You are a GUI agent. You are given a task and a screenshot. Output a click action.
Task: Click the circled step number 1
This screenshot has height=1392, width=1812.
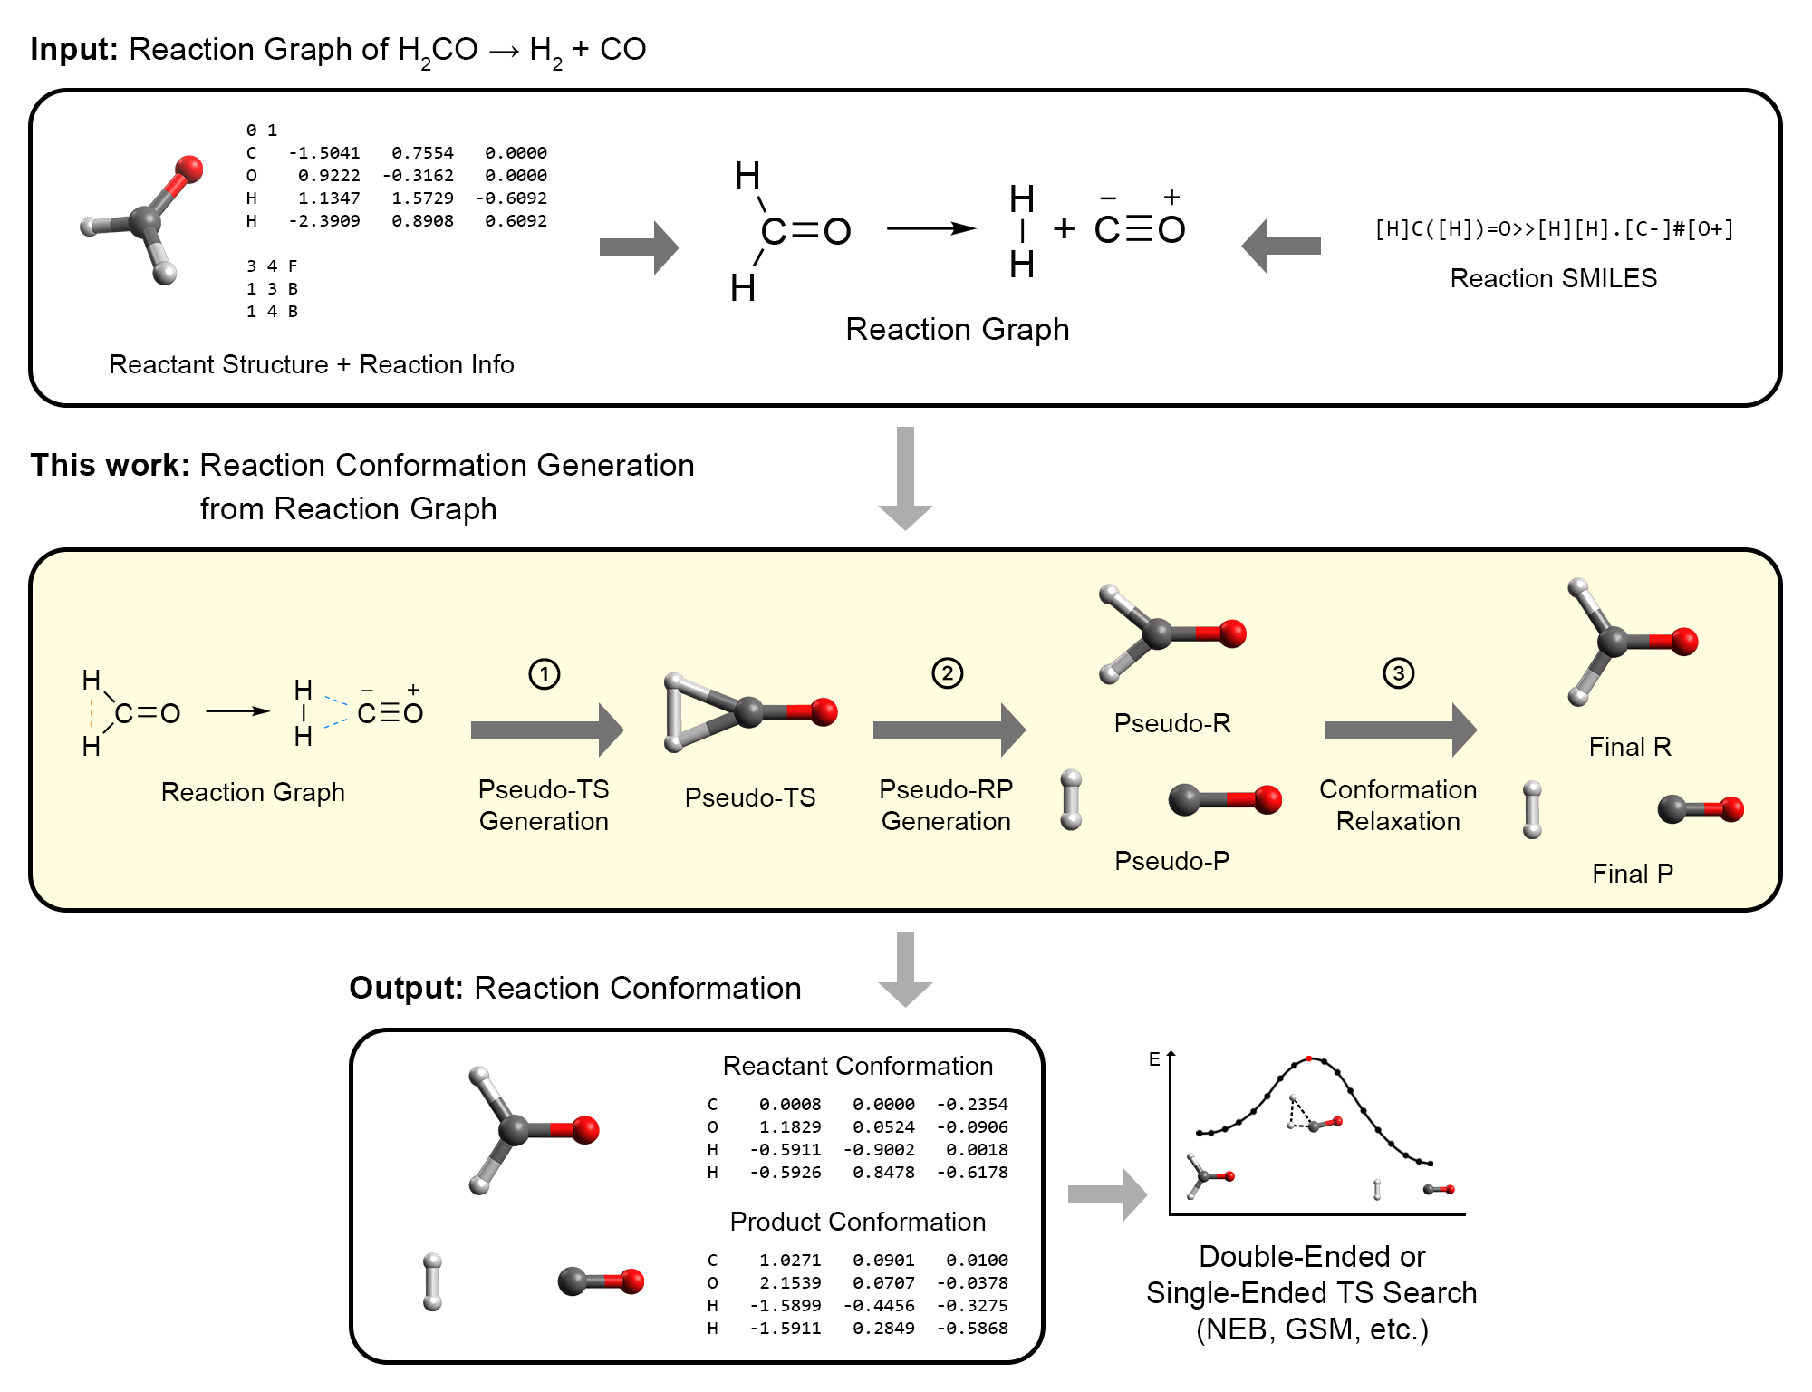544,674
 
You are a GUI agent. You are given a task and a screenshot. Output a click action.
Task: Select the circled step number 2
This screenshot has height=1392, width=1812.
947,673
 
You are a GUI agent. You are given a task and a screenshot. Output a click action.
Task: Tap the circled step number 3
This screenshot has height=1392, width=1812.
1398,673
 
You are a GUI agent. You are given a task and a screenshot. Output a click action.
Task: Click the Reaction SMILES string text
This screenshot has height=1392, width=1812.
1554,229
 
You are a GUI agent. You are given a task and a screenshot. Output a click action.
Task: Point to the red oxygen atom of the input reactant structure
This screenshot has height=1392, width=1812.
189,168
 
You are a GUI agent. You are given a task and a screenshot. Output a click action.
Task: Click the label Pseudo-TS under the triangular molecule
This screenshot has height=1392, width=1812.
750,797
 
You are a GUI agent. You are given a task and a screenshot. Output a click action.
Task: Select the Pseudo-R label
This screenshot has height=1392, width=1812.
1172,723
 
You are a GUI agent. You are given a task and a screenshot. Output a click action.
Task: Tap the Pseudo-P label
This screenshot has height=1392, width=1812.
1172,861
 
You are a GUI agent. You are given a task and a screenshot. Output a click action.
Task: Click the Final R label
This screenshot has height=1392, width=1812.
1630,747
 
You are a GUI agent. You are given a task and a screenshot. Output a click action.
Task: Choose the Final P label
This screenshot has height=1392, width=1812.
1633,874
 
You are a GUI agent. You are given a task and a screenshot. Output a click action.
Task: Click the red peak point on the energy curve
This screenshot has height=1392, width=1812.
1308,1058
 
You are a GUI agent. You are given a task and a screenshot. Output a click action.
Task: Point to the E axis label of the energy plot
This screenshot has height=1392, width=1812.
1154,1059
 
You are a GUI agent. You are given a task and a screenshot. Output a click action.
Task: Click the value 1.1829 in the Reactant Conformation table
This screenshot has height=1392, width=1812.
790,1127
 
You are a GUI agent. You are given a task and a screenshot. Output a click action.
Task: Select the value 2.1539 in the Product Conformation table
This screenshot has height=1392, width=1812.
790,1283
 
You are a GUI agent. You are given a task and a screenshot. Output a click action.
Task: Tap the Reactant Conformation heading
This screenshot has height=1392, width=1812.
858,1066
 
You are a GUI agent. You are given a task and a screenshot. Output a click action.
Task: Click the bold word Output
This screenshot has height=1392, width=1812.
406,989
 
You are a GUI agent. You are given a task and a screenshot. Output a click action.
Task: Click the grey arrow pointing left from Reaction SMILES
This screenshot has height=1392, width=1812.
1281,246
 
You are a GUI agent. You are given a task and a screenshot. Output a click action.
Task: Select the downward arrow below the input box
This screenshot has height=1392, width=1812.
905,478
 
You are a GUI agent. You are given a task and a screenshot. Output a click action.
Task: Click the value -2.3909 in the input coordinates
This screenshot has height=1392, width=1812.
324,221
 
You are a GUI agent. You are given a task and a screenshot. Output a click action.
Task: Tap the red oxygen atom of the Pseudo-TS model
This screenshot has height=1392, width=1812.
824,711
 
